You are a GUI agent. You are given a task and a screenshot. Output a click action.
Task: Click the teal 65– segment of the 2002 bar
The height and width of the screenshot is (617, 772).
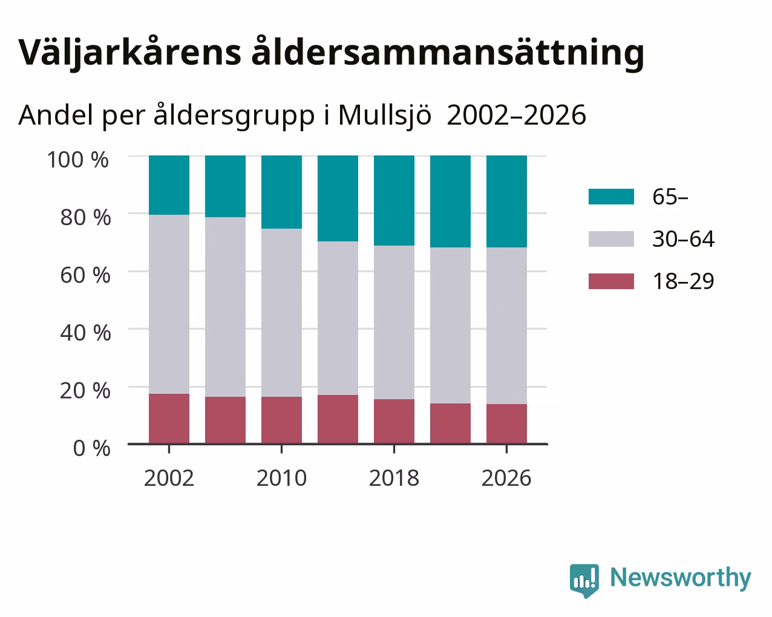pos(169,185)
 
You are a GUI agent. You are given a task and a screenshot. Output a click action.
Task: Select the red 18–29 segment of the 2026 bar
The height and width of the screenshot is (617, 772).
pos(506,423)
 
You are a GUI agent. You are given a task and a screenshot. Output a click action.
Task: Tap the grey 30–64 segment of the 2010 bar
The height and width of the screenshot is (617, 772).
pos(281,313)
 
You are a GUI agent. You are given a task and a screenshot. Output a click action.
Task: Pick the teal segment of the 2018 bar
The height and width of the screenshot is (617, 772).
pos(394,201)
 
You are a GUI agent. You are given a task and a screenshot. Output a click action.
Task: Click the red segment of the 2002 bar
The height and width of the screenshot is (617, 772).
pos(169,419)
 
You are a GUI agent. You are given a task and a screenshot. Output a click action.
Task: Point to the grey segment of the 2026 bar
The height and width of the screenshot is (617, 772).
pos(506,325)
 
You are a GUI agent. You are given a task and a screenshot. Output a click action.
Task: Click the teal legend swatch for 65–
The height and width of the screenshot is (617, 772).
pos(611,197)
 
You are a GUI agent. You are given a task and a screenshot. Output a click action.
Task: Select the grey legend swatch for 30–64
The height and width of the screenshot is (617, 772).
pos(611,239)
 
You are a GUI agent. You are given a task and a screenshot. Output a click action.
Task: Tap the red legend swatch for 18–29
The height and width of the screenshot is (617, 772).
pos(611,281)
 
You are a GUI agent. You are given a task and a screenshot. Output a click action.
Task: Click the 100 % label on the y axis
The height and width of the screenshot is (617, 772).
pos(77,160)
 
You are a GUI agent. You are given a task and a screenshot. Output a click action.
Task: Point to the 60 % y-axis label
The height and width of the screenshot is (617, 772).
pos(85,275)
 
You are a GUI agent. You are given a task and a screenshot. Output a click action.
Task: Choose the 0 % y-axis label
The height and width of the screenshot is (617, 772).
pos(91,448)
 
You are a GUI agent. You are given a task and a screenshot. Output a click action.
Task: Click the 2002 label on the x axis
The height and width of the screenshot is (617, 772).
pos(169,478)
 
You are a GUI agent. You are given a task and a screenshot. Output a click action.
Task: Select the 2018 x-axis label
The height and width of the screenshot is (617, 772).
pos(394,478)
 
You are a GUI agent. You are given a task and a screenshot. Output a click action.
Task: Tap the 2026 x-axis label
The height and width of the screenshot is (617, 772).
pos(506,478)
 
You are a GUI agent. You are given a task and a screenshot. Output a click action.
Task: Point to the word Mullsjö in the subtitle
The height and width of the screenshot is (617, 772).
pos(385,116)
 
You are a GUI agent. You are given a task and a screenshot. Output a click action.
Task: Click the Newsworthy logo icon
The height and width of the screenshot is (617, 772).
pos(584,581)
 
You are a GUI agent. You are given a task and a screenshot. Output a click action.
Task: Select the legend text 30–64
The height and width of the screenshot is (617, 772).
pos(684,239)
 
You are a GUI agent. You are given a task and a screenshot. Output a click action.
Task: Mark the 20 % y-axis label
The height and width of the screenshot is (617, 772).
pos(85,391)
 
